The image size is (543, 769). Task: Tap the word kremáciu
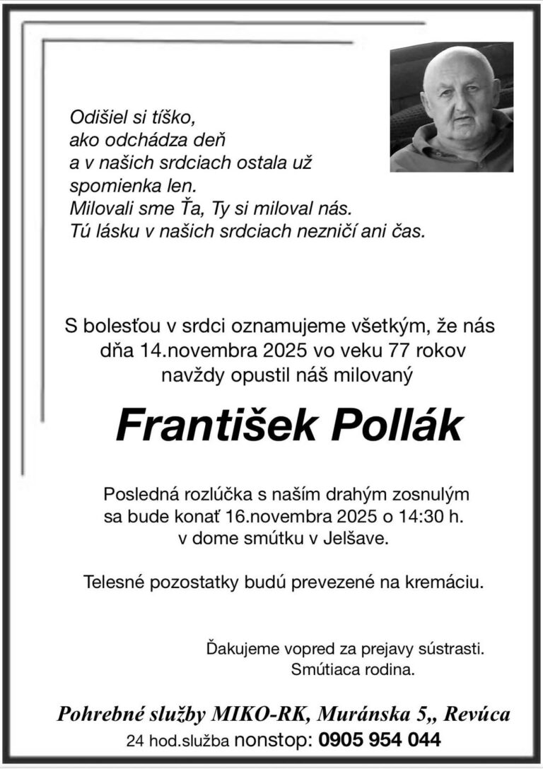point(444,582)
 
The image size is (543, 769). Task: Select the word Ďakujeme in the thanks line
point(236,647)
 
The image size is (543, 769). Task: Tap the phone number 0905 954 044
point(380,740)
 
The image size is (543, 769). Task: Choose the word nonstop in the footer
point(272,740)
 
